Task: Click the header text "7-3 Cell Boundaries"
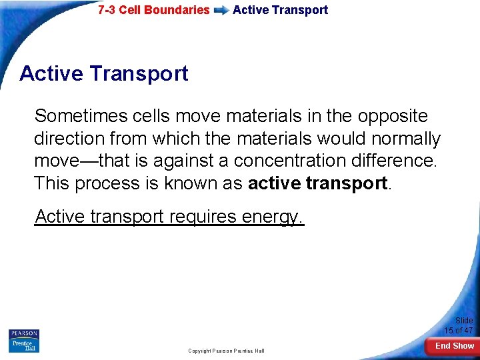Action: click(153, 10)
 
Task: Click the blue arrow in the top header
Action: click(221, 11)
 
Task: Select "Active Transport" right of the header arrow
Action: click(280, 10)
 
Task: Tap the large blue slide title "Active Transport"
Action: click(104, 73)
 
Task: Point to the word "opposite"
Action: click(393, 116)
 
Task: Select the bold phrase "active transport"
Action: click(317, 183)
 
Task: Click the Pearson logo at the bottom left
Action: click(24, 333)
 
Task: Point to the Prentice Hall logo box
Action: click(24, 345)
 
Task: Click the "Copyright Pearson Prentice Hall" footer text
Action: click(226, 351)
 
